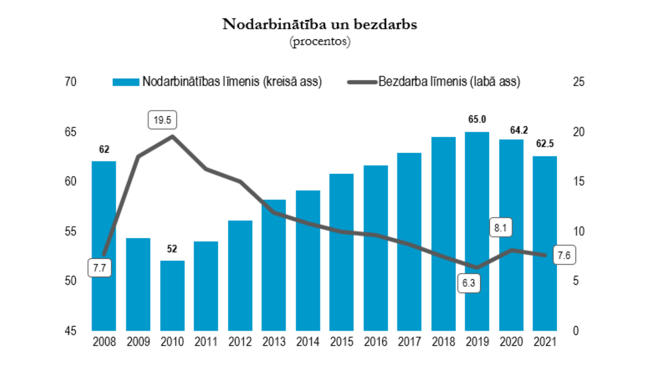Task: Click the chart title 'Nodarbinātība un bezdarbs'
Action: [x=320, y=24]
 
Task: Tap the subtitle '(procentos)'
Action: [x=320, y=41]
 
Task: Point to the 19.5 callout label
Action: [x=162, y=120]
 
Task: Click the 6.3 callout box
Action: [x=468, y=283]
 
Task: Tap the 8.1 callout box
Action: [x=500, y=227]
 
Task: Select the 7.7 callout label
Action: [x=100, y=268]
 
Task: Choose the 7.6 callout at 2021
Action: [x=564, y=255]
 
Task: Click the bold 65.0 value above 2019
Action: [x=477, y=119]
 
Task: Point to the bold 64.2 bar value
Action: [x=519, y=130]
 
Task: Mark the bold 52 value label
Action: [x=172, y=249]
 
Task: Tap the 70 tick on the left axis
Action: [x=70, y=82]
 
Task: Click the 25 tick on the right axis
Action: [x=579, y=82]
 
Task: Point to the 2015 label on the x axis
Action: [x=342, y=341]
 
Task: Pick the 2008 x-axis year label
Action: [x=104, y=341]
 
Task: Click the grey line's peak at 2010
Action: [x=172, y=136]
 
